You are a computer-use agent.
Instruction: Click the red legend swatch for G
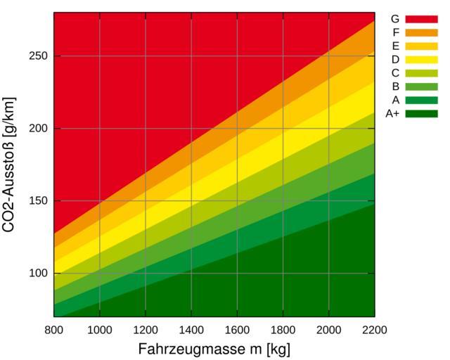pos(421,19)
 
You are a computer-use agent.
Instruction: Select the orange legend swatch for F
pos(421,32)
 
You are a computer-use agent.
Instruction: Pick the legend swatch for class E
pos(421,46)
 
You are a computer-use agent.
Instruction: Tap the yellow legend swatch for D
pos(421,59)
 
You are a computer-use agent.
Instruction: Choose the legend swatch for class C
pos(421,72)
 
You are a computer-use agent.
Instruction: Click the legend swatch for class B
pos(421,86)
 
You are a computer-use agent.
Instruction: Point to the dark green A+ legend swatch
pos(421,113)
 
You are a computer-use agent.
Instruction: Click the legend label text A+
pos(392,113)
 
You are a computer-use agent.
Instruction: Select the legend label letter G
pos(394,19)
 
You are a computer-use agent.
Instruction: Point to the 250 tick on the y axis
pos(39,56)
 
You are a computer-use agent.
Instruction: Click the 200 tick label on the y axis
pos(39,129)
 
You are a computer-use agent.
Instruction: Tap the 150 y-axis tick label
pos(39,201)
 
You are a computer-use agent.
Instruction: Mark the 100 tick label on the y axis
pos(39,274)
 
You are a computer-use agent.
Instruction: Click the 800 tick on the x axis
pos(53,330)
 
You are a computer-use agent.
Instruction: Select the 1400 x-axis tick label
pos(191,330)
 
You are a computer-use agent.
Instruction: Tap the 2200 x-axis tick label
pos(374,330)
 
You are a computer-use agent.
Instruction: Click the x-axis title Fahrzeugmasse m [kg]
pos(214,349)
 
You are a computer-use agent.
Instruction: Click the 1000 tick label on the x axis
pos(99,330)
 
